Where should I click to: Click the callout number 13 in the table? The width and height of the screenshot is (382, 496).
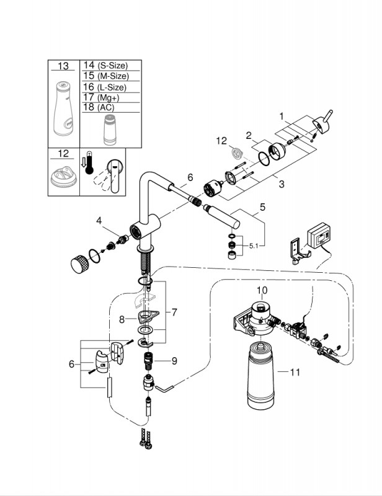click(x=64, y=66)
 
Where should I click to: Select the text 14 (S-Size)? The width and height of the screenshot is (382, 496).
click(x=105, y=65)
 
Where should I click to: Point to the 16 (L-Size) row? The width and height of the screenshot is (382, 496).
click(x=104, y=87)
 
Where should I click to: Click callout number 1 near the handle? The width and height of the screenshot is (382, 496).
click(x=282, y=116)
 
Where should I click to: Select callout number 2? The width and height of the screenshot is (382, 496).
click(x=248, y=135)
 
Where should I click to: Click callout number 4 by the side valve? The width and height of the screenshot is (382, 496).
click(x=99, y=220)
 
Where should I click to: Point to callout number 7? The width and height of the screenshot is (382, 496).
click(x=174, y=312)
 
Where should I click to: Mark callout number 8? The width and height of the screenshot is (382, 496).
click(x=122, y=319)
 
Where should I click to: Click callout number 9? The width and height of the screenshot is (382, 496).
click(x=174, y=360)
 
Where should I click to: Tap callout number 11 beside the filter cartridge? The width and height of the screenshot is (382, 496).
click(x=295, y=373)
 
